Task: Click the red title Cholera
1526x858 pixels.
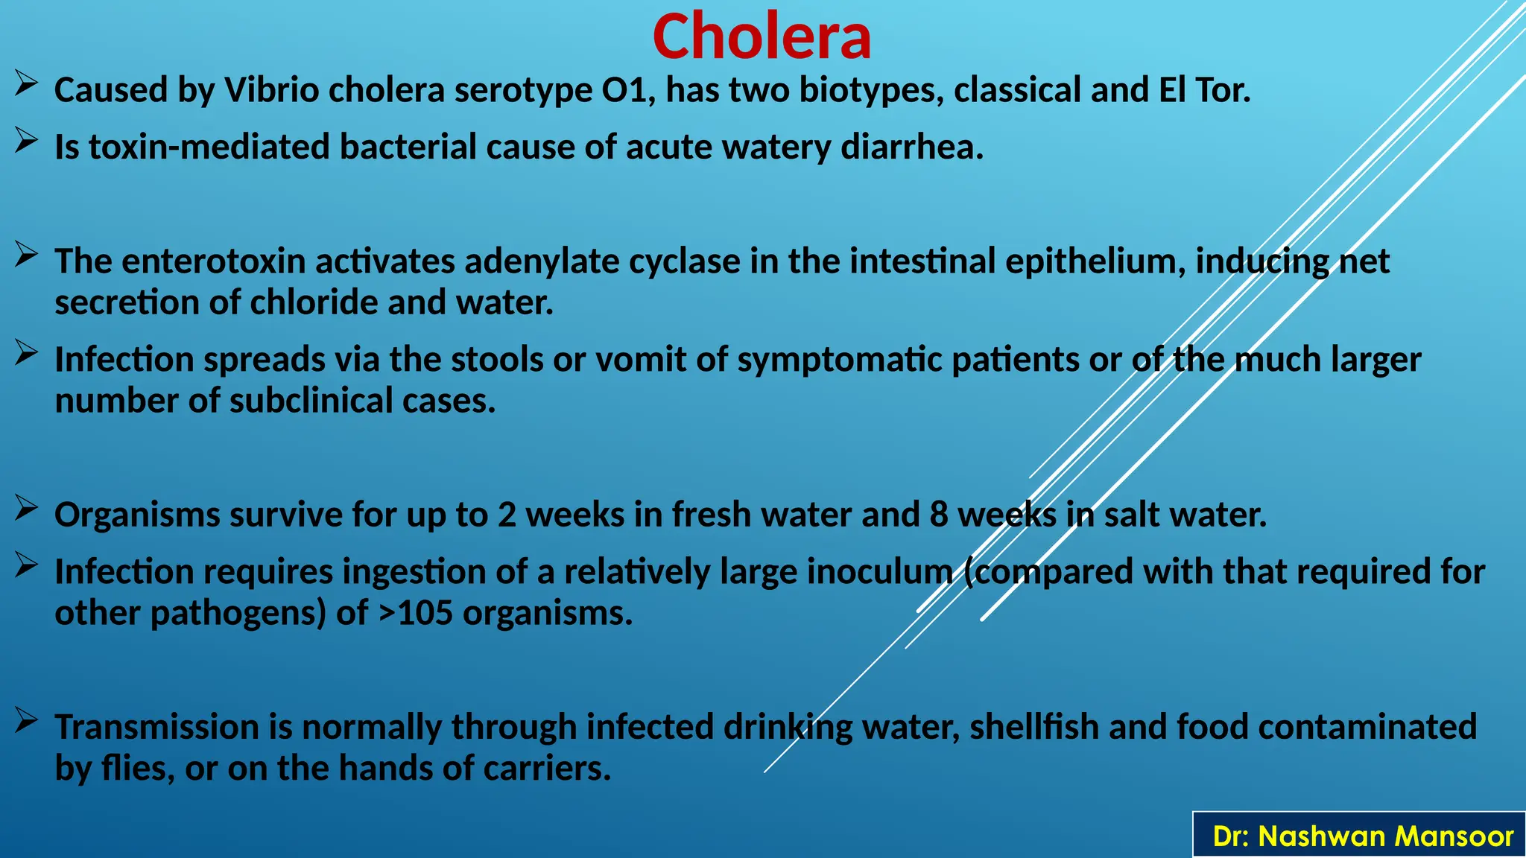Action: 762,37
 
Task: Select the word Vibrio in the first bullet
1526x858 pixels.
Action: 271,90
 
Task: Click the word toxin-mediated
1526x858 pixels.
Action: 209,147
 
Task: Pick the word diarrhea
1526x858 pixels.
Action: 912,147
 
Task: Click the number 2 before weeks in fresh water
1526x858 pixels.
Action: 507,515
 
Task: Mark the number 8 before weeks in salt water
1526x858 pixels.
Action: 938,515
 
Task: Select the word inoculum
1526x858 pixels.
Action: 880,572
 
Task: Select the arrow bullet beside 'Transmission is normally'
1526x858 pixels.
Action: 26,720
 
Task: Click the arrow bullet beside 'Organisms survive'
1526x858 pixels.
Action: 26,508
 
